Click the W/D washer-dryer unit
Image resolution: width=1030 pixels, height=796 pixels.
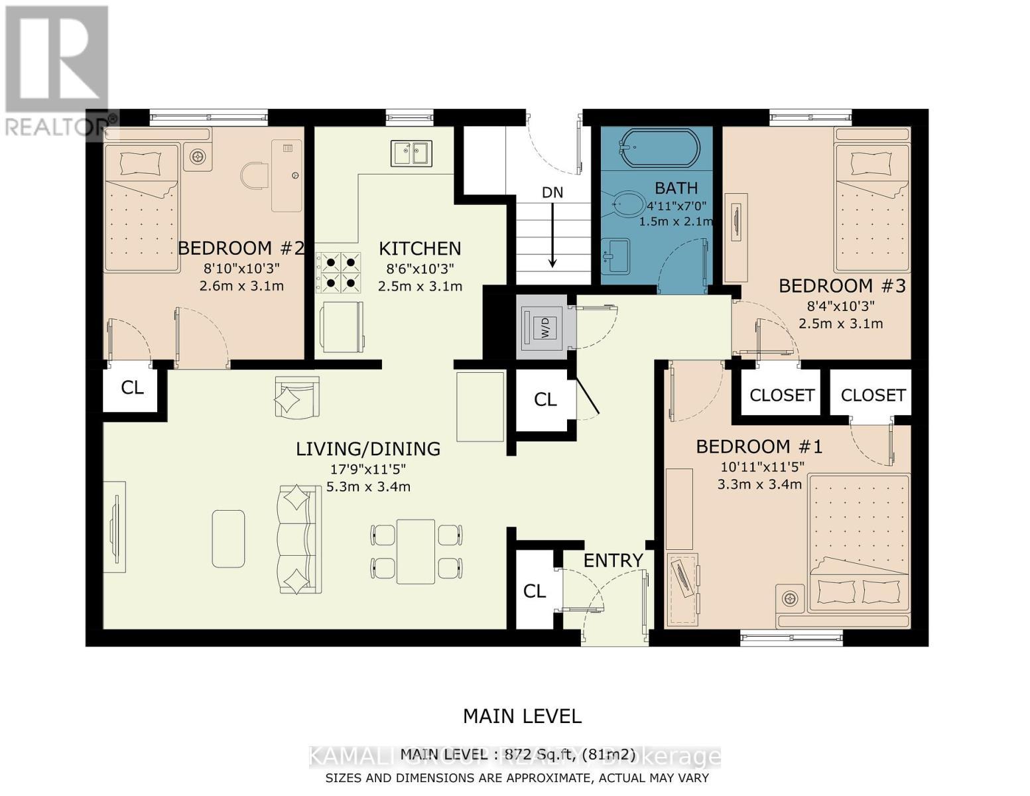(x=542, y=327)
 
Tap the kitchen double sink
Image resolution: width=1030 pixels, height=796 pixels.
(x=411, y=153)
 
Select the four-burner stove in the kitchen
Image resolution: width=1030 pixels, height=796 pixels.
(x=338, y=272)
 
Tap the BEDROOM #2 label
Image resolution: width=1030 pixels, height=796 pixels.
(x=241, y=248)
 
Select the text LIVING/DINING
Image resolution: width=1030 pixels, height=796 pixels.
(x=367, y=449)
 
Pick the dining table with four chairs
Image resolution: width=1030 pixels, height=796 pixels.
(x=416, y=552)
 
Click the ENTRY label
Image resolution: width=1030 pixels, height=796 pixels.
(x=613, y=561)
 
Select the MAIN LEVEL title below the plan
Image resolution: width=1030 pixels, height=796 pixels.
(x=521, y=716)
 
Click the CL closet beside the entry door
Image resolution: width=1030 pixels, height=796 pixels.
(x=535, y=590)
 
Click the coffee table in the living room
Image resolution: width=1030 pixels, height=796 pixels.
(x=228, y=538)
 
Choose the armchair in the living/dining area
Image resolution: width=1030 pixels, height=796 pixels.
(x=296, y=398)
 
